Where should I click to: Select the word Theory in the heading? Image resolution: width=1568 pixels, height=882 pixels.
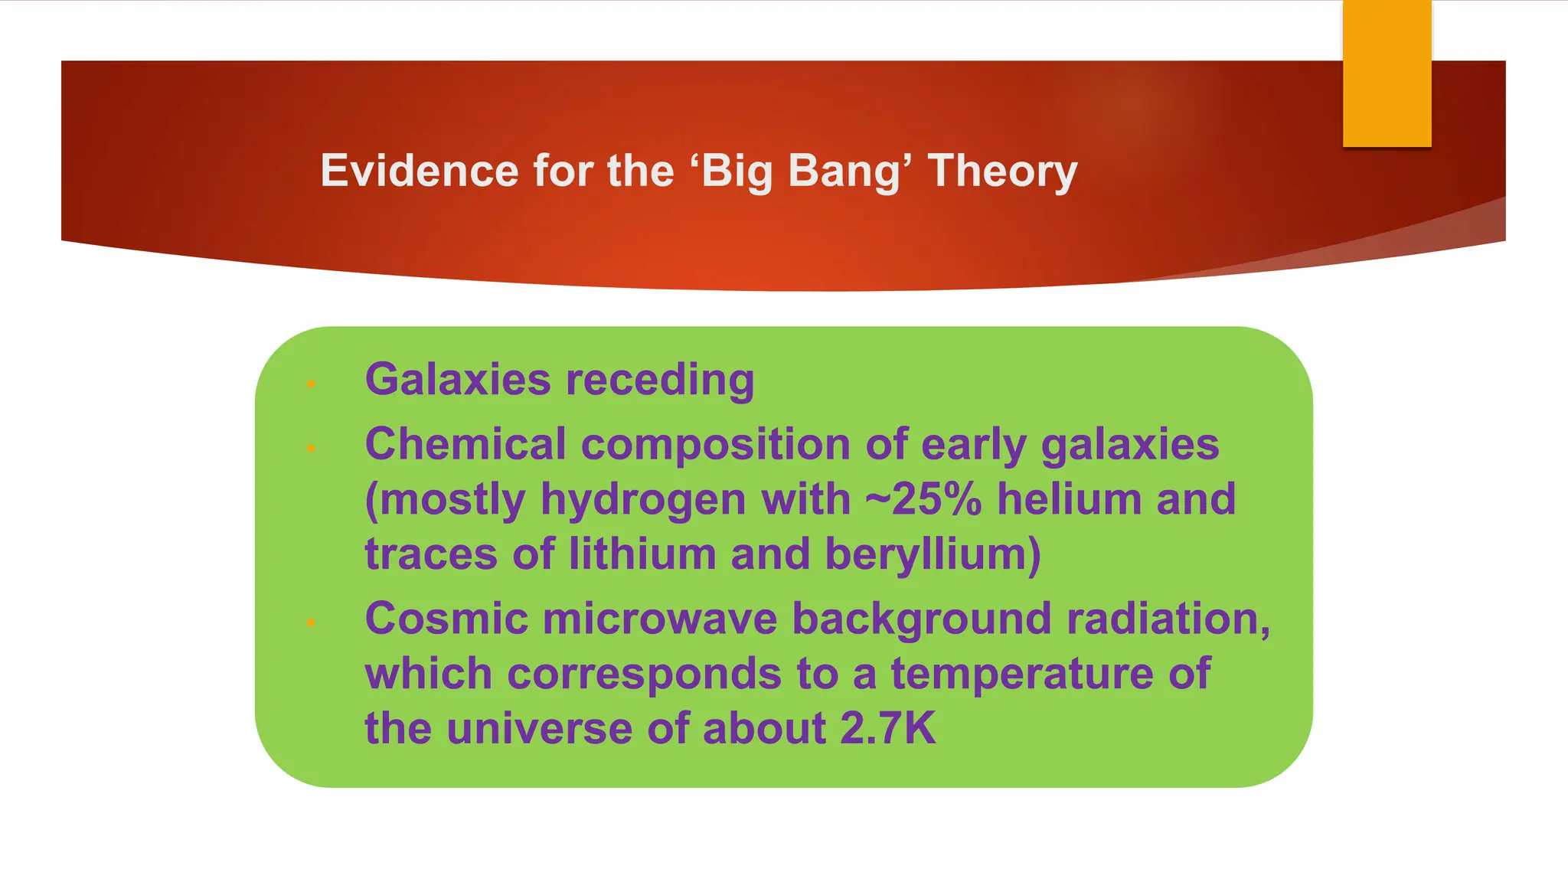click(x=1002, y=171)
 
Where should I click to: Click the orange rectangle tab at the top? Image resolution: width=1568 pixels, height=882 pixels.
click(x=1387, y=73)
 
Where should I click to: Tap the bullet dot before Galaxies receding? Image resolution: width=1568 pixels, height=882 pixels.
click(x=311, y=383)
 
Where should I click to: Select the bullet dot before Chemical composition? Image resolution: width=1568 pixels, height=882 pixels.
click(x=311, y=448)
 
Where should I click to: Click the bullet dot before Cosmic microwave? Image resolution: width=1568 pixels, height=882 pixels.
click(x=311, y=622)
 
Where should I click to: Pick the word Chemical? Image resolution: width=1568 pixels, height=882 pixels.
click(x=465, y=444)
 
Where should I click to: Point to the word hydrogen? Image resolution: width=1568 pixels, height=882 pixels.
click(x=642, y=501)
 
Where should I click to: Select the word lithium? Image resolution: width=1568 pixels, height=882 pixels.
click(x=642, y=554)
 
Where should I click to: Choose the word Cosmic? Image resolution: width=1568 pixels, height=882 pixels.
click(x=446, y=618)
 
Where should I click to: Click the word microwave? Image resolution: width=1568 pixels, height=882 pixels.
click(x=660, y=618)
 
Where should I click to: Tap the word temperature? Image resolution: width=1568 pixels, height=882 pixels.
click(x=1022, y=675)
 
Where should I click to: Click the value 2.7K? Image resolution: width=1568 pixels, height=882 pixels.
click(x=887, y=728)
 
